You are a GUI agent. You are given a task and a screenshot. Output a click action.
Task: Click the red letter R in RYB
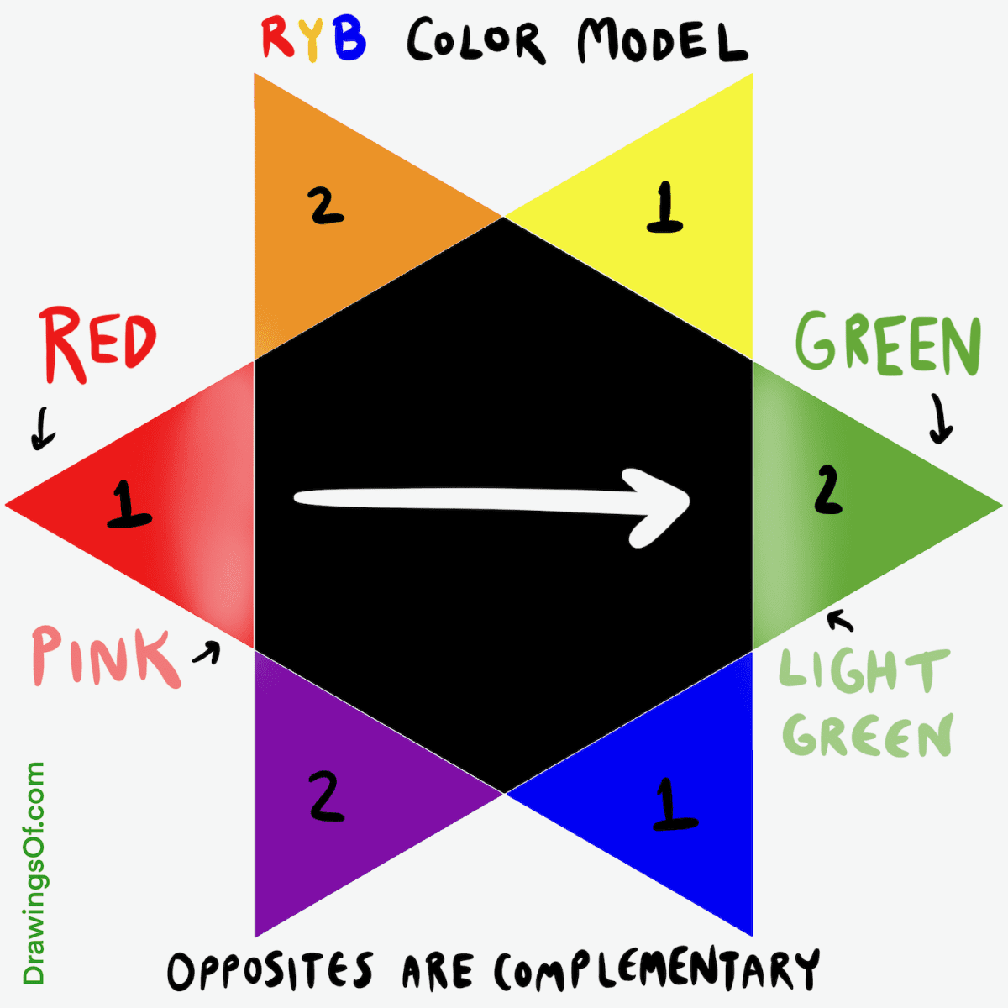tap(276, 38)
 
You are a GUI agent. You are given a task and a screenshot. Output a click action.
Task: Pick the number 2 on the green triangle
tap(827, 491)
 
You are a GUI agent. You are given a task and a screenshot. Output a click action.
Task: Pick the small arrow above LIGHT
tap(840, 621)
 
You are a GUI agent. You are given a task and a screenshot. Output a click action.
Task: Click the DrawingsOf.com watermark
tap(34, 874)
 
